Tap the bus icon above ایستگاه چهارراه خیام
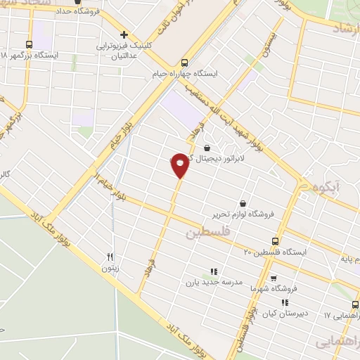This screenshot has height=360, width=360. (184, 61)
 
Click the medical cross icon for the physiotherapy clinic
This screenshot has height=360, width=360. (124, 34)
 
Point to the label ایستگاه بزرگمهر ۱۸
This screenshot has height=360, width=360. (30, 54)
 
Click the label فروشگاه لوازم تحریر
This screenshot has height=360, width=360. (243, 213)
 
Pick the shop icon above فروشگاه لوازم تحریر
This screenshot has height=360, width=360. (243, 202)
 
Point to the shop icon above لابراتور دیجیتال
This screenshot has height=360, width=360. (207, 148)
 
